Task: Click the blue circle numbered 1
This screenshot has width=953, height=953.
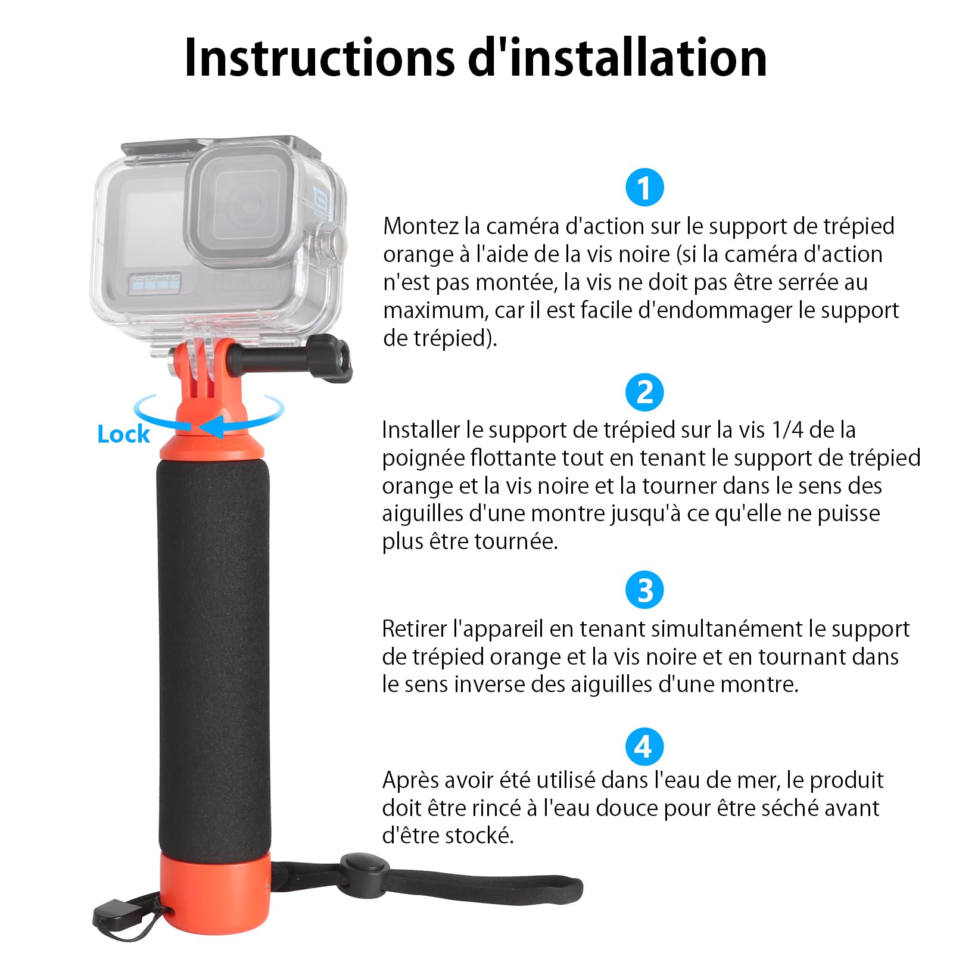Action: [644, 187]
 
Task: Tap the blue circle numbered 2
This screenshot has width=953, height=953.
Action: [644, 392]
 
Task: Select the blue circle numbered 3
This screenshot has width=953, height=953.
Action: [644, 590]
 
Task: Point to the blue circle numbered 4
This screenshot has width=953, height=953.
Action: [644, 746]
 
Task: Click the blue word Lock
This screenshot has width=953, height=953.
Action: [123, 434]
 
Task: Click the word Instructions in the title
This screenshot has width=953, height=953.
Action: [319, 58]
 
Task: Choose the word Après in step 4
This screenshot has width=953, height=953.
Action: [412, 780]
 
